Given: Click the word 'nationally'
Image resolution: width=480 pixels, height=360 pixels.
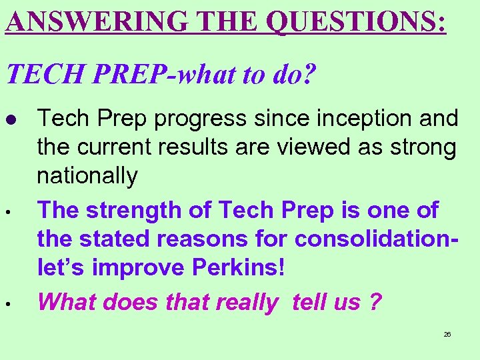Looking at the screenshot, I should [87, 177].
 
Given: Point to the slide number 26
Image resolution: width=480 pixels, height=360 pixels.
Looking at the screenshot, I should [447, 334].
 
